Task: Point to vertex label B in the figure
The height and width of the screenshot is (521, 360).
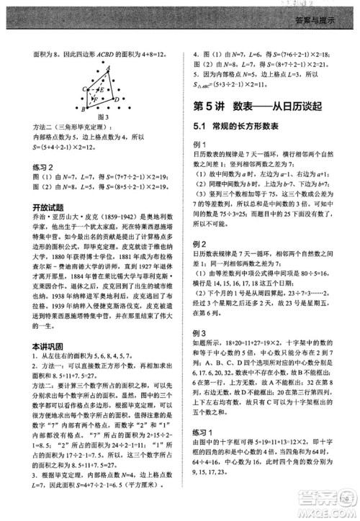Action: tap(84, 110)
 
